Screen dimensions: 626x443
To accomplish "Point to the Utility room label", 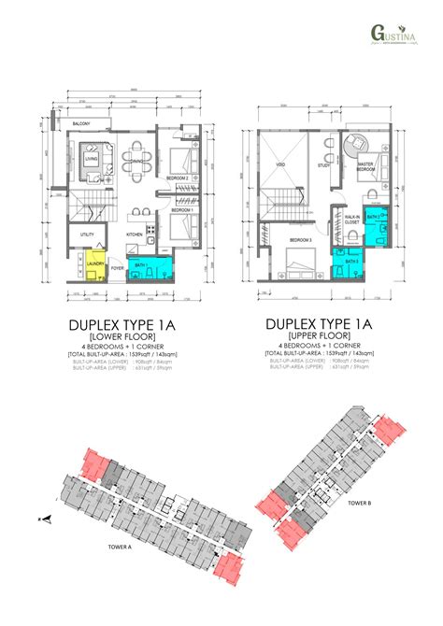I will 87,234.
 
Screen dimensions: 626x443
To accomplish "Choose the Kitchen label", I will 134,235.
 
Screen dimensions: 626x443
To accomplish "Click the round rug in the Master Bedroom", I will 355,146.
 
